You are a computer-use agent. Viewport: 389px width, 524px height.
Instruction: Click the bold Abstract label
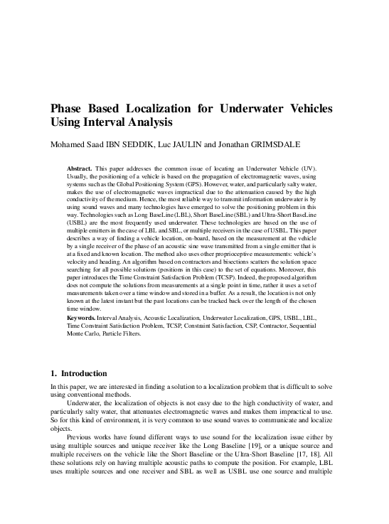coord(80,168)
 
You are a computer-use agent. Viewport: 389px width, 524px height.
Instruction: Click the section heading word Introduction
coord(84,373)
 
